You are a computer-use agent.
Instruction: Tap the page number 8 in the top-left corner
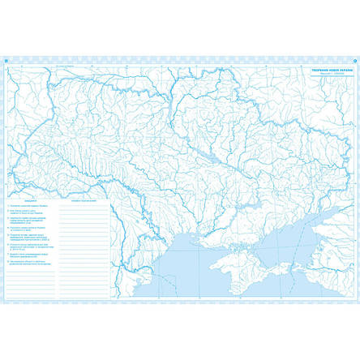(x=7, y=59)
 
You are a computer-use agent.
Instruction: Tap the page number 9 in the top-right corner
(x=354, y=59)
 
